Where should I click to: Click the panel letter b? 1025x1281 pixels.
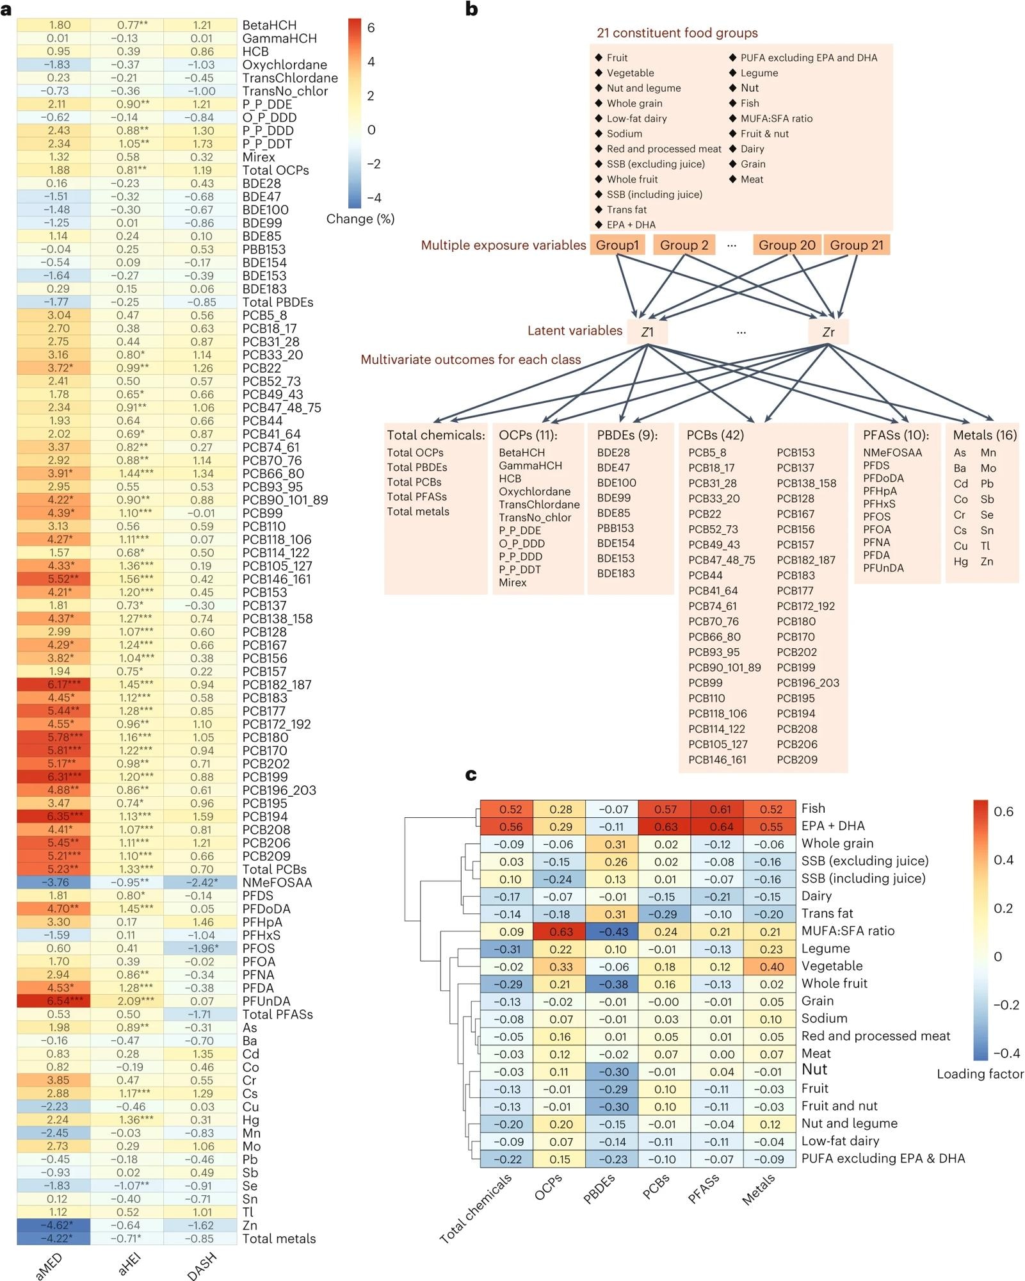[x=472, y=9]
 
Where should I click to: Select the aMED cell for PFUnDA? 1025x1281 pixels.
[x=53, y=1000]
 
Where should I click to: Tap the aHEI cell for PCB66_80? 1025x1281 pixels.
[x=127, y=473]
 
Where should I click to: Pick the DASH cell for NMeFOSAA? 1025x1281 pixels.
[x=200, y=882]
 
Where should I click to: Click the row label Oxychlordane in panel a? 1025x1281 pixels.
[x=284, y=65]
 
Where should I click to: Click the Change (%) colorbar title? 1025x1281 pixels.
[x=360, y=219]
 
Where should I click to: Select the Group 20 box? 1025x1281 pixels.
[x=787, y=245]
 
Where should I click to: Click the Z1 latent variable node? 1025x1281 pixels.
[x=647, y=332]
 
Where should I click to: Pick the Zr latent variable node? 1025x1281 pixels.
[x=828, y=332]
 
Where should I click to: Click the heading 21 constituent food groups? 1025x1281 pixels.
[x=677, y=33]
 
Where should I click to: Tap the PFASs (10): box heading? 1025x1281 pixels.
[x=896, y=435]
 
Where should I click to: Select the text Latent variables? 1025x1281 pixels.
[x=574, y=330]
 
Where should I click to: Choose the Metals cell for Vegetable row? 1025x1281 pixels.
[x=770, y=967]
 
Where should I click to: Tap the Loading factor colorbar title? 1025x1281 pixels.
[x=980, y=1074]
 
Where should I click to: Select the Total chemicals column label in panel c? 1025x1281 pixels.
[x=477, y=1209]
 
